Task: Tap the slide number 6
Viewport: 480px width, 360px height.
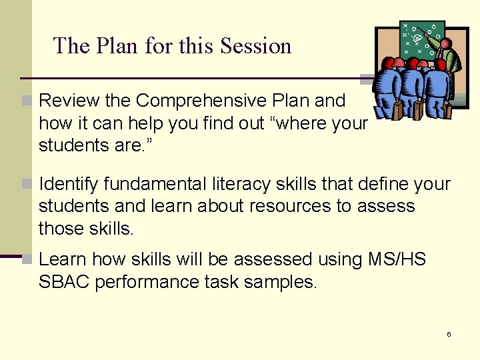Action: click(449, 333)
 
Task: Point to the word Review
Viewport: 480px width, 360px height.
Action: click(69, 101)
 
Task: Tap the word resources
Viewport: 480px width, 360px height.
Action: click(291, 206)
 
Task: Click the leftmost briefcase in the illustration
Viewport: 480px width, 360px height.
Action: click(397, 111)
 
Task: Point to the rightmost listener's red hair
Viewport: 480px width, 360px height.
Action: click(440, 64)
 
